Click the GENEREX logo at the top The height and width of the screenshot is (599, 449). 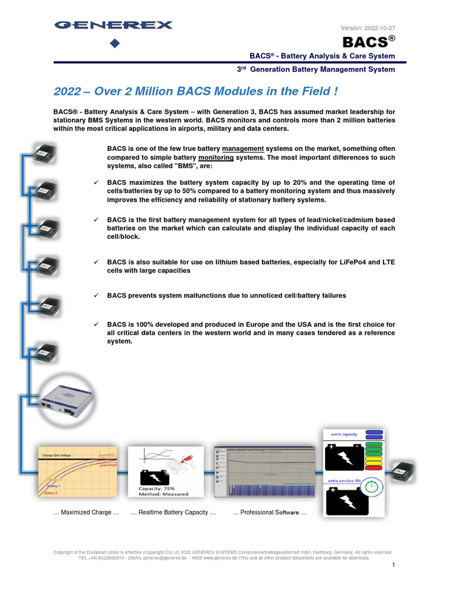113,25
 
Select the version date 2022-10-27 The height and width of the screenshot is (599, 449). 380,28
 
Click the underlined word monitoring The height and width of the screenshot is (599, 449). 216,158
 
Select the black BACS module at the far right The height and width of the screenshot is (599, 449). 403,468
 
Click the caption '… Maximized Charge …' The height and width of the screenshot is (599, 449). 86,512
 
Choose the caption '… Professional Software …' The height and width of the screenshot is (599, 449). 270,512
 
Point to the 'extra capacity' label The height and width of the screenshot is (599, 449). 344,435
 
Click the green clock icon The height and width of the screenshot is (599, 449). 372,486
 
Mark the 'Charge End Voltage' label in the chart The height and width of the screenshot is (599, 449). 56,455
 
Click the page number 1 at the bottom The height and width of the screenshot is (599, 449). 394,565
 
